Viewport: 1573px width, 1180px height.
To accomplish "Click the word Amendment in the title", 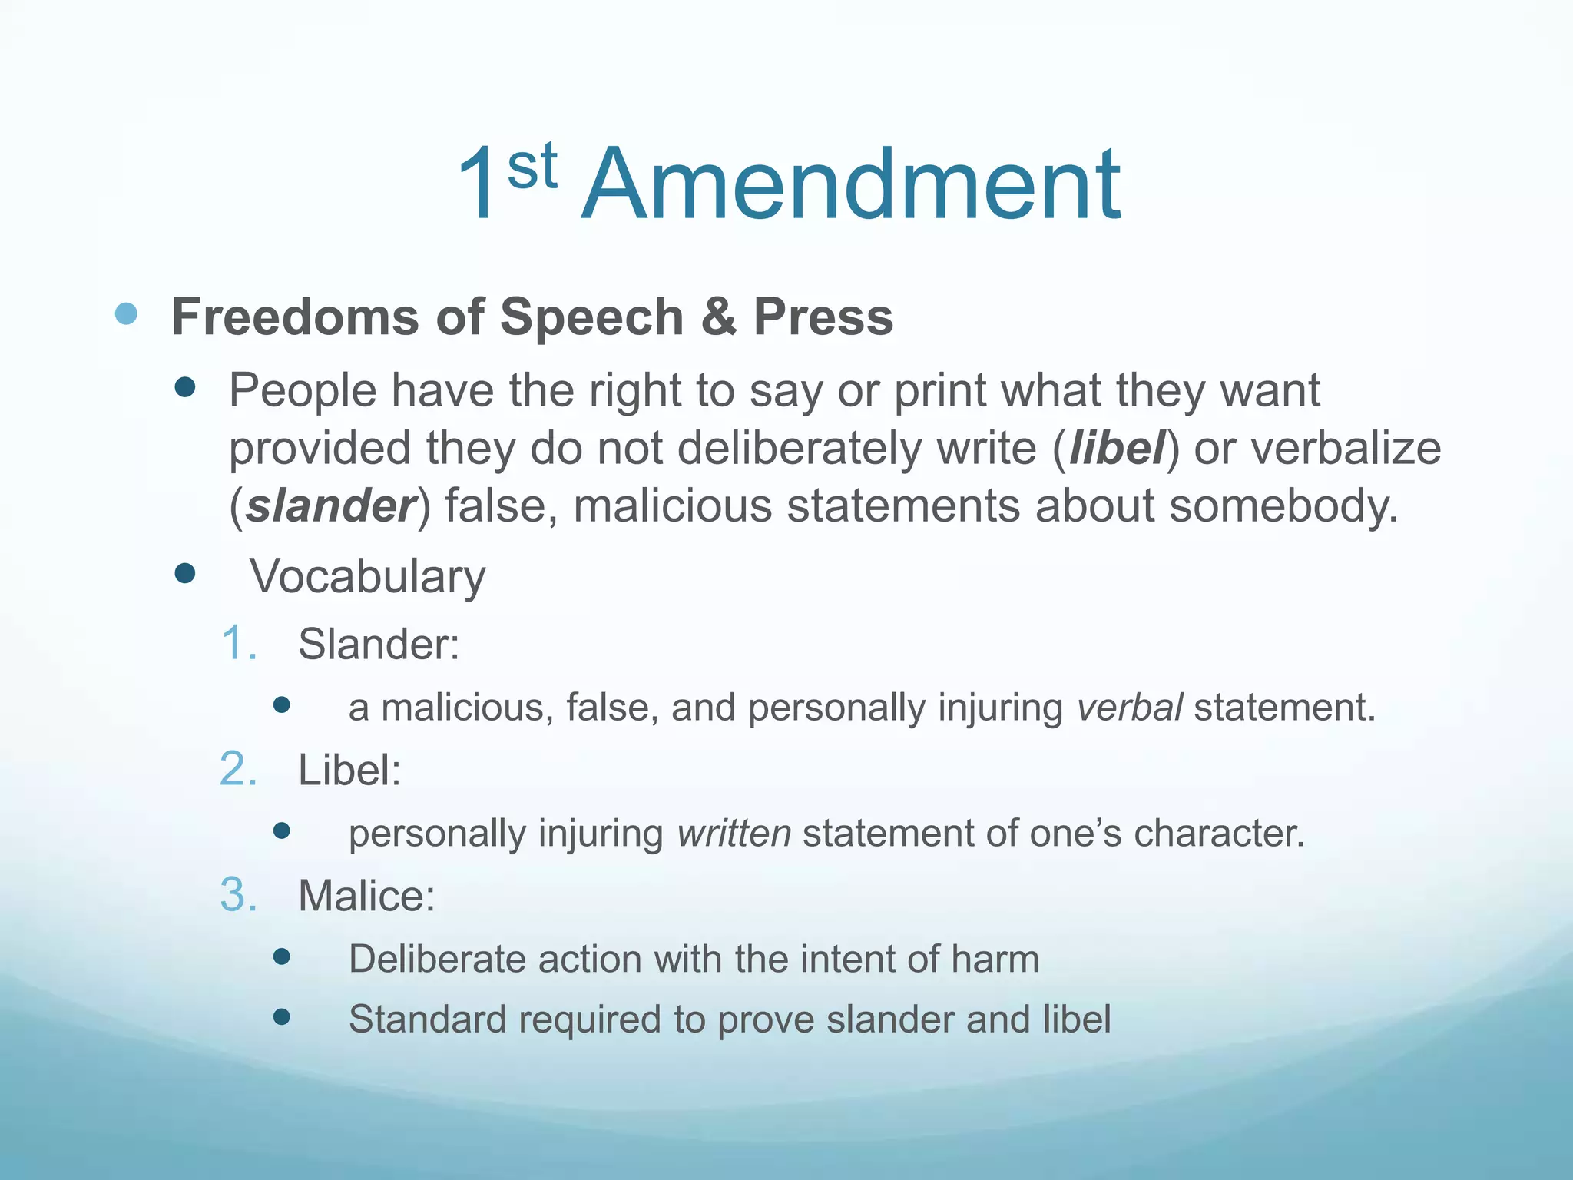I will coord(851,186).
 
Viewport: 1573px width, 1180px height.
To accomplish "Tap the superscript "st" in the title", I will coord(532,167).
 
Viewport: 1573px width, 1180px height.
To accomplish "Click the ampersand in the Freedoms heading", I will coord(718,317).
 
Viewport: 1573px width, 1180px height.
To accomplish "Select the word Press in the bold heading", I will coord(823,317).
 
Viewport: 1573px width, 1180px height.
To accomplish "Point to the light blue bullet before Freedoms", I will coord(126,313).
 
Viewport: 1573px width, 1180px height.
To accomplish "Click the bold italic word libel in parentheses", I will coord(1118,448).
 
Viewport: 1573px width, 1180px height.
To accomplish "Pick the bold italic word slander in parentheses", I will coord(330,505).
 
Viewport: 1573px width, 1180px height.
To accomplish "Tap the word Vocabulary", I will coord(367,576).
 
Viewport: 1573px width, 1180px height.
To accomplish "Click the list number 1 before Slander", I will coord(238,643).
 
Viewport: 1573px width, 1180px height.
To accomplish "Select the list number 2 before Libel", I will coord(238,769).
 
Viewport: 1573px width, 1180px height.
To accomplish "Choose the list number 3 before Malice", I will coord(238,895).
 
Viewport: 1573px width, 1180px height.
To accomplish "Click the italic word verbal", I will coord(1129,707).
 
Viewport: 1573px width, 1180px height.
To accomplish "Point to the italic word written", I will coord(734,833).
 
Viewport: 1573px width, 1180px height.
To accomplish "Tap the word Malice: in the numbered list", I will coord(366,896).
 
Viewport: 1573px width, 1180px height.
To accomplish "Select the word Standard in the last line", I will coord(428,1019).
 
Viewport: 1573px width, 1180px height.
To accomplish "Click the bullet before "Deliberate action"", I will coord(282,956).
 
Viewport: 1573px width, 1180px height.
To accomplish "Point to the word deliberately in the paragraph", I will coord(800,448).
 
